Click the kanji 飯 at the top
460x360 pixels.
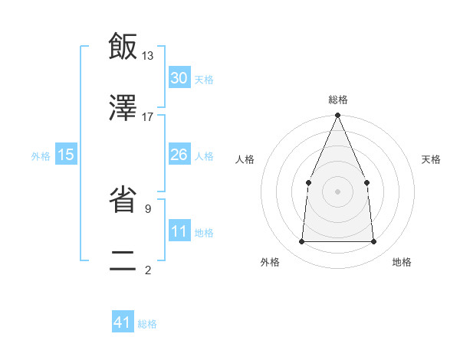click(123, 47)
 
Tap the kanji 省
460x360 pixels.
click(123, 200)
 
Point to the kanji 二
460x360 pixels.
click(123, 260)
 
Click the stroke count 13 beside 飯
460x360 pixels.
click(147, 55)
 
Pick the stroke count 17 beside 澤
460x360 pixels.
click(147, 116)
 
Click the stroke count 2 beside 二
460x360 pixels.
click(147, 270)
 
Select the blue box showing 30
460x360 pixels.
click(179, 78)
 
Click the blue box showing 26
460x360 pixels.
click(179, 155)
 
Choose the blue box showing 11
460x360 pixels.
click(179, 231)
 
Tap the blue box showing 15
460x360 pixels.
click(66, 155)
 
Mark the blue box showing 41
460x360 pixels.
click(123, 323)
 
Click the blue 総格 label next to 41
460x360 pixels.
click(147, 324)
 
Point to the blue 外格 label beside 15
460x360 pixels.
click(41, 155)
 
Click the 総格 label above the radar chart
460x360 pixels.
click(337, 100)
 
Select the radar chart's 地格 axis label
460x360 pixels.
click(402, 262)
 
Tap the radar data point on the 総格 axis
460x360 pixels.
click(337, 116)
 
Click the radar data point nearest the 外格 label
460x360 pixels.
click(301, 241)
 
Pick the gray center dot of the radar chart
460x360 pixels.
click(337, 191)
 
